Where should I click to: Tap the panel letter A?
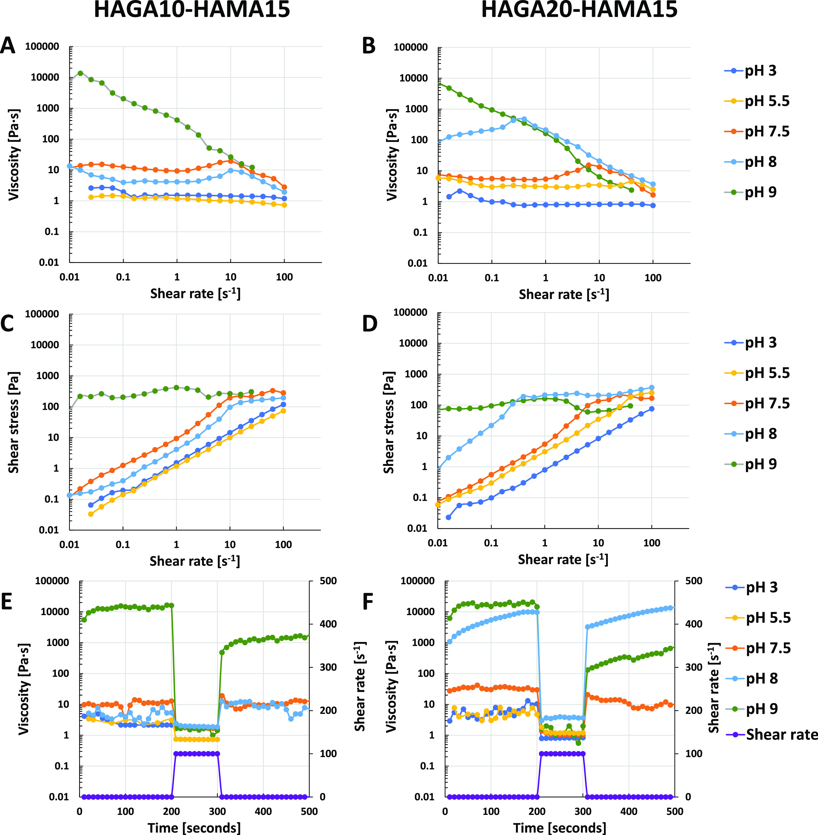click(8, 45)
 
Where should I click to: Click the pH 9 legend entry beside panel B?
click(760, 192)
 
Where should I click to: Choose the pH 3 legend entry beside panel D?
click(760, 342)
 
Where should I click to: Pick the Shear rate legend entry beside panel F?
click(781, 734)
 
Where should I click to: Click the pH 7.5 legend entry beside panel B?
click(767, 132)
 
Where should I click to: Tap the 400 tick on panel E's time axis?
click(263, 811)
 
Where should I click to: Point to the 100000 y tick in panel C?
click(42, 314)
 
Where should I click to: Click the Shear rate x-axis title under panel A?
click(195, 293)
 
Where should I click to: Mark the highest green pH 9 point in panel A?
click(80, 73)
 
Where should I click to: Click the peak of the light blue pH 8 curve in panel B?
click(524, 119)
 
